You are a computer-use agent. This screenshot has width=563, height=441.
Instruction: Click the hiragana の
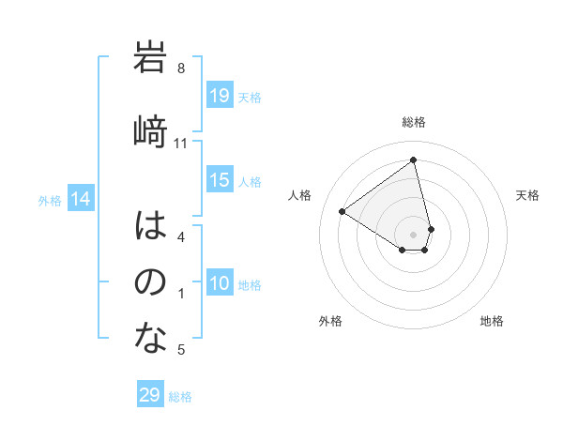pyautogui.click(x=150, y=281)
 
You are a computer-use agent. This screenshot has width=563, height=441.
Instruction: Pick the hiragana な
pyautogui.click(x=150, y=338)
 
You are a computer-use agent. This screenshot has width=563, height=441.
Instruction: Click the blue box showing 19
pyautogui.click(x=220, y=96)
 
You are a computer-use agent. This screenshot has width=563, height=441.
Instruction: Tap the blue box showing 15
pyautogui.click(x=220, y=181)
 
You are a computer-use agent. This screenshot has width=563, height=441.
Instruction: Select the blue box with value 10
pyautogui.click(x=220, y=283)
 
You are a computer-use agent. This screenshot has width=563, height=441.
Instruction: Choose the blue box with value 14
pyautogui.click(x=81, y=199)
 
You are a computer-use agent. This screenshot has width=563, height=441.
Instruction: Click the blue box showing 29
pyautogui.click(x=150, y=395)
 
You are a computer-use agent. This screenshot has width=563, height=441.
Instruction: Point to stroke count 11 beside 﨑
pyautogui.click(x=181, y=144)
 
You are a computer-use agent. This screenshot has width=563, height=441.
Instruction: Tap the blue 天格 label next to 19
pyautogui.click(x=250, y=97)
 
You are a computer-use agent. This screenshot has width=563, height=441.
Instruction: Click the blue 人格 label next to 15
pyautogui.click(x=250, y=182)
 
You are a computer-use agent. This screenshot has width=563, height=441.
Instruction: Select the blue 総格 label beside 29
pyautogui.click(x=180, y=397)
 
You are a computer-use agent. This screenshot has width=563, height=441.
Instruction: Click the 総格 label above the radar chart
pyautogui.click(x=414, y=122)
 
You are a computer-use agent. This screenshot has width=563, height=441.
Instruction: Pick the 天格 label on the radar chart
pyautogui.click(x=527, y=195)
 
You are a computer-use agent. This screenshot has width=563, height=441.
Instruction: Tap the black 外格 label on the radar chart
pyautogui.click(x=329, y=321)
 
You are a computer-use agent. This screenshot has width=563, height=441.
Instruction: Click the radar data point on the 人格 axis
pyautogui.click(x=342, y=211)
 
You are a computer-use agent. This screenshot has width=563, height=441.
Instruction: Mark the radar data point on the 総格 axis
pyautogui.click(x=414, y=160)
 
